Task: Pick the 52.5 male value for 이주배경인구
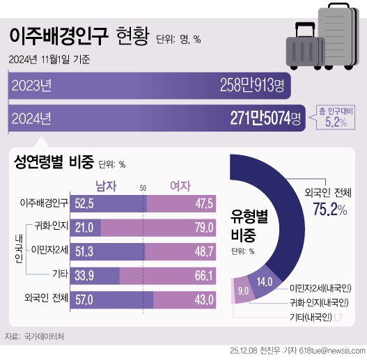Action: [84, 203]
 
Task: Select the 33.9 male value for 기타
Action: [84, 274]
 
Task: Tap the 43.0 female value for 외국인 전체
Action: [203, 298]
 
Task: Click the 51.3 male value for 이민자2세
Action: [84, 250]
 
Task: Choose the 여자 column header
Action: [182, 185]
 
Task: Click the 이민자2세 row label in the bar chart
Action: [50, 250]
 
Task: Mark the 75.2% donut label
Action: [329, 210]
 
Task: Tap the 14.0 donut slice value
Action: [265, 282]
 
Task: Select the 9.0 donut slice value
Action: [243, 291]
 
